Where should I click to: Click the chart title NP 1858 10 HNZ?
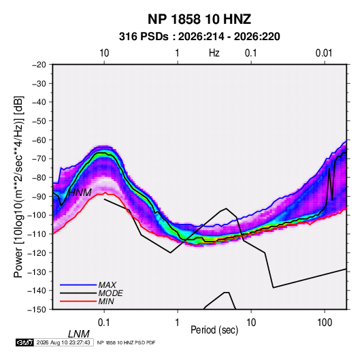coord(199,19)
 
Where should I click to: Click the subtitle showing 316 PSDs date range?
coord(199,37)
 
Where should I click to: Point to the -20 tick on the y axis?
coord(39,65)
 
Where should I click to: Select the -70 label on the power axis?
coord(39,159)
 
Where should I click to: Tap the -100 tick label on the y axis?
coord(37,215)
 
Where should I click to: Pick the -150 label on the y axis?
coord(37,310)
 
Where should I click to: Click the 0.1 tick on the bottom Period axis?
coord(104,323)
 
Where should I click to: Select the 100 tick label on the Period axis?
coord(325,323)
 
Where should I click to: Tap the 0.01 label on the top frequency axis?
coord(324,53)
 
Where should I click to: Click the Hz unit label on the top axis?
coord(214,53)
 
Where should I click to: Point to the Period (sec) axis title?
coord(214,330)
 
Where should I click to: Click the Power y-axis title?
coord(18,186)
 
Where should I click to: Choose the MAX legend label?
coord(107,284)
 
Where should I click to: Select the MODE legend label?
coord(110,293)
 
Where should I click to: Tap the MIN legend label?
coord(106,301)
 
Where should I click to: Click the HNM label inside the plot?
coord(80,193)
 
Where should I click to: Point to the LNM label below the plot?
coord(79,334)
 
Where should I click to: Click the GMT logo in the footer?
coord(24,342)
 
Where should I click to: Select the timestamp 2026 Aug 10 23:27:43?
coord(63,342)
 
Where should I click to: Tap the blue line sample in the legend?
coord(78,284)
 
